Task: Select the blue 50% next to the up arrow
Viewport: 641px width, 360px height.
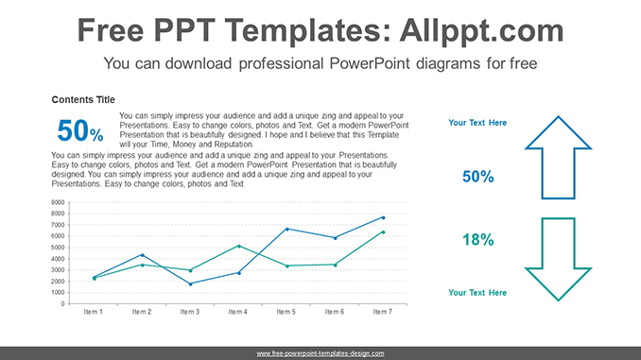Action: pos(477,177)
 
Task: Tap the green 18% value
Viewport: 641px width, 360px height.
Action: pos(477,240)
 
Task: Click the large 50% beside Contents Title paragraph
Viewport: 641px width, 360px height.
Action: pos(80,131)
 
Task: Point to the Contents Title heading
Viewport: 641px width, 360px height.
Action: pos(83,99)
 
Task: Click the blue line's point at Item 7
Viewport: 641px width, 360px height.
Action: pos(383,217)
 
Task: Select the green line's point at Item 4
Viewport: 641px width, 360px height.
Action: pos(238,246)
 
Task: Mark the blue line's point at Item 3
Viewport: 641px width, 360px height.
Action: pos(190,283)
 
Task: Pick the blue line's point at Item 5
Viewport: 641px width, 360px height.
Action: pos(286,229)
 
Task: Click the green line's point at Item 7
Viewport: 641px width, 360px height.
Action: pos(383,231)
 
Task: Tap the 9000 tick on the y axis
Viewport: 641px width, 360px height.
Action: pos(58,202)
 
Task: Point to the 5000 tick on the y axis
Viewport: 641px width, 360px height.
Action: pos(58,248)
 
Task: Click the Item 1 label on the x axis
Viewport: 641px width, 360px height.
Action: pos(94,311)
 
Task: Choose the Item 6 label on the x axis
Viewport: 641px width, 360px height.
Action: pos(335,311)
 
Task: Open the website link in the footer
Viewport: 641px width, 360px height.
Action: pos(320,352)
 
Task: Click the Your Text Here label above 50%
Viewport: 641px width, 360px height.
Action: pos(477,123)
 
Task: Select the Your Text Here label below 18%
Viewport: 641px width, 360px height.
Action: pos(477,293)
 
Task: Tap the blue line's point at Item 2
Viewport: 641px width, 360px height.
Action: pos(142,255)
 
